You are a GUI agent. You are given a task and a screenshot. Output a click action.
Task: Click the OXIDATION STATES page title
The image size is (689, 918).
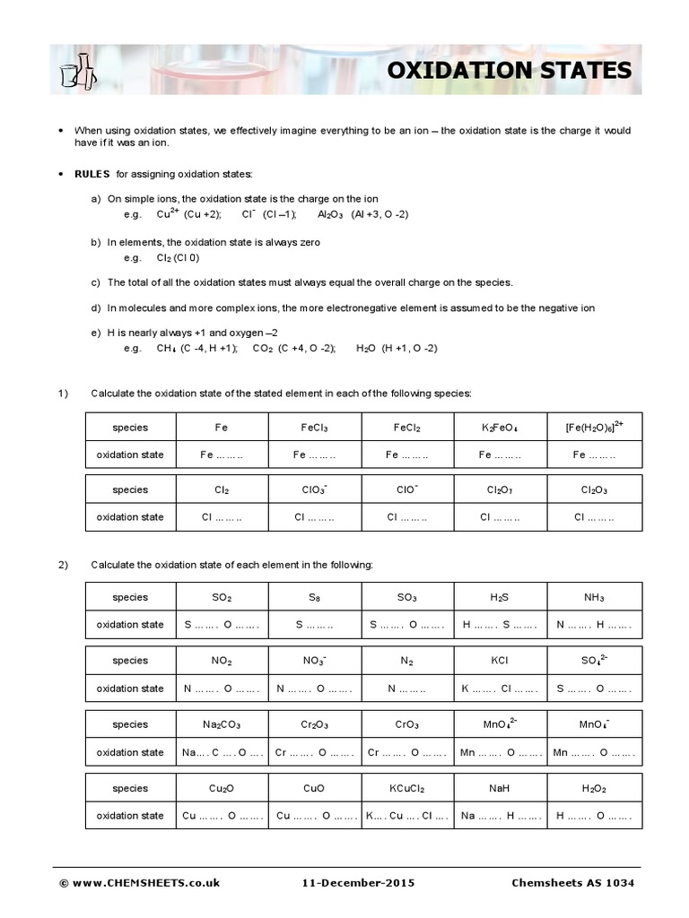509,70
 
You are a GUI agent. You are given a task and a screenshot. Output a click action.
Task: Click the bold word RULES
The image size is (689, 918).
92,173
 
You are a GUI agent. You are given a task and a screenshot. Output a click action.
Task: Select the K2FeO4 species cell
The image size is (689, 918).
500,428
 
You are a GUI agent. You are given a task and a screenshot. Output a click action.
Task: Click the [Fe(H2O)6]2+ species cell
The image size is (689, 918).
595,427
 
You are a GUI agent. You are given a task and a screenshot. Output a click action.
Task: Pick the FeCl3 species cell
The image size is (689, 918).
314,428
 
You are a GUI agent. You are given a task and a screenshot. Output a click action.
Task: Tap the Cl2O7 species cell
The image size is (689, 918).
500,490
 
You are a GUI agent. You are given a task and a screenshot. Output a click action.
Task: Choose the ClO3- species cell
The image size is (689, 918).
314,490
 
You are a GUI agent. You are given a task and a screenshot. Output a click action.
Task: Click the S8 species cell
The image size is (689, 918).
314,597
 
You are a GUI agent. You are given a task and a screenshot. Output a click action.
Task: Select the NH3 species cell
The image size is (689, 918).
595,597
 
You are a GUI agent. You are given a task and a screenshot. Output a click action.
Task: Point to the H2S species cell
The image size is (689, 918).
500,597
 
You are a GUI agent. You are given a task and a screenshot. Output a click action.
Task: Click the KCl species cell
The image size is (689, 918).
500,661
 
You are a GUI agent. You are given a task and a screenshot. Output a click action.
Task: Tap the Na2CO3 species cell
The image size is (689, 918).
222,724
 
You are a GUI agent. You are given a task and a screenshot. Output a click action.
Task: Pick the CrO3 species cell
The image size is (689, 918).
407,724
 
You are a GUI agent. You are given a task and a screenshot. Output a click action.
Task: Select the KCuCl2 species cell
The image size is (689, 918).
407,788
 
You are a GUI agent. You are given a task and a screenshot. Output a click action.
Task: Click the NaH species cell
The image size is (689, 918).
500,788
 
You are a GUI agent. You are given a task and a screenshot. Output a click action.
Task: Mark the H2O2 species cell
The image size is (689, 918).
595,788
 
